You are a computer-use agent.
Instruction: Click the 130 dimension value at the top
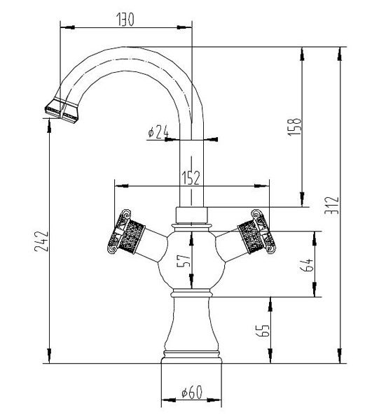coord(125,20)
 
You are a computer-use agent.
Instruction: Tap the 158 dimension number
coord(295,127)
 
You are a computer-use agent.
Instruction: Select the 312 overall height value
coord(331,205)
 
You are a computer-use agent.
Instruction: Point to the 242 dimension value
coord(41,241)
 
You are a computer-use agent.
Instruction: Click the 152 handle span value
coord(191,178)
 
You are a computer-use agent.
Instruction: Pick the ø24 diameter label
coord(158,132)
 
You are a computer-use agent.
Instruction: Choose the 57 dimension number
coord(184,260)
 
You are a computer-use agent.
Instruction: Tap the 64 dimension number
coord(306,264)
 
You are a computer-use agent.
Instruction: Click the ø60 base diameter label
coord(192,392)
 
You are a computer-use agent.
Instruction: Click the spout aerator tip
coord(62,111)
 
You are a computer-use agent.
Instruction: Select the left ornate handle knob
coord(125,232)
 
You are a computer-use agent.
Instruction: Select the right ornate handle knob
coord(257,232)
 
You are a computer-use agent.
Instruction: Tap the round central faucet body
coord(191,260)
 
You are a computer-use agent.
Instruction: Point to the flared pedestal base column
coord(191,327)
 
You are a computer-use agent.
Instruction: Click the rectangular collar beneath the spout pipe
coord(191,215)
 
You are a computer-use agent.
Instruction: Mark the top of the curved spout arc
coord(126,47)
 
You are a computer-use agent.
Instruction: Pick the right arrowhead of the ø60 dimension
coord(214,400)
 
